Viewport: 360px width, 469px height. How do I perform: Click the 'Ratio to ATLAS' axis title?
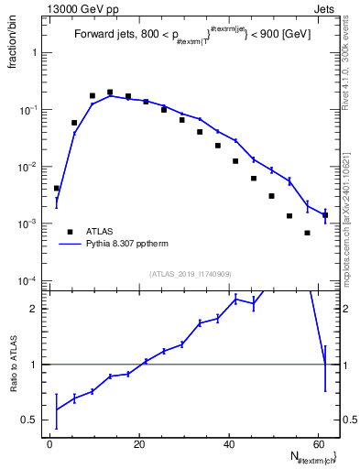15,364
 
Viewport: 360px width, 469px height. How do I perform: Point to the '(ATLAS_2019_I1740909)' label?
191,274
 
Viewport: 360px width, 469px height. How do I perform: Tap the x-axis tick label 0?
50,443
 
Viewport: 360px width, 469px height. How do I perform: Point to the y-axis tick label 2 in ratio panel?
36,309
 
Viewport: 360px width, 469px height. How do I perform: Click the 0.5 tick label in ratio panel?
32,420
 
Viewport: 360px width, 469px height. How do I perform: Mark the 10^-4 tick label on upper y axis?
30,280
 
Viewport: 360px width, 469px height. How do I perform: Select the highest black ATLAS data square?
110,93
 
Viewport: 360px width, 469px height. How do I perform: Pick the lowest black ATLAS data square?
308,233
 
